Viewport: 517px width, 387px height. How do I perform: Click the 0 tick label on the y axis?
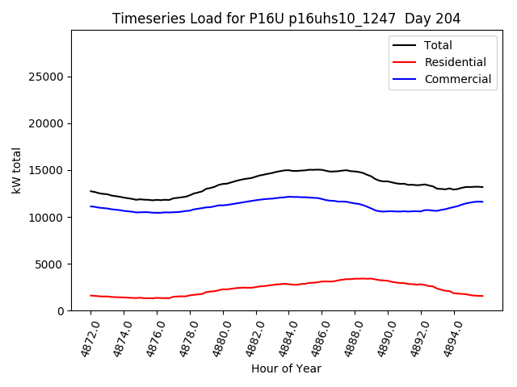coord(61,310)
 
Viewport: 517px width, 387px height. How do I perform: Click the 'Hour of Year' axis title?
coord(286,368)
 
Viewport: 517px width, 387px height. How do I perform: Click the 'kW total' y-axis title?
coord(17,170)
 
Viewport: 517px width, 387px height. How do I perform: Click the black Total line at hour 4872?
coord(90,191)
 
